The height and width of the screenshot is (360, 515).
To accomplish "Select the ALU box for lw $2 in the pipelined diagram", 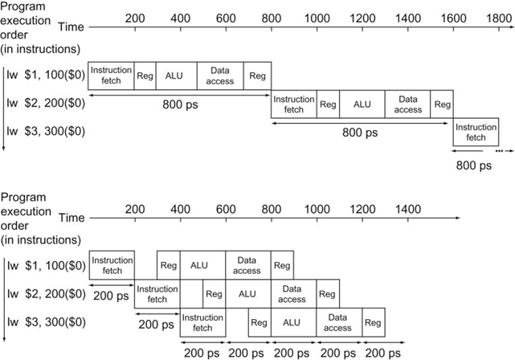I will pyautogui.click(x=247, y=295).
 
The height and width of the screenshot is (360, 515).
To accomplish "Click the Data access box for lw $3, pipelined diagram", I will pyautogui.click(x=338, y=324).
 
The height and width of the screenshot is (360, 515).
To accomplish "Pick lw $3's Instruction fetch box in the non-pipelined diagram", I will pyautogui.click(x=476, y=132).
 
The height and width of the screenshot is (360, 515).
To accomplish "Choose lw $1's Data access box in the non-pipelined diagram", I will pyautogui.click(x=219, y=76).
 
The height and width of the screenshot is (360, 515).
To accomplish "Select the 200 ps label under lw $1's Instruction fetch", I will pyautogui.click(x=110, y=296).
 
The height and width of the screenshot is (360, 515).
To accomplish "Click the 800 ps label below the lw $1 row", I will pyautogui.click(x=180, y=104).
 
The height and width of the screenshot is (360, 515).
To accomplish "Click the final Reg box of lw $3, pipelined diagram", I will pyautogui.click(x=373, y=324).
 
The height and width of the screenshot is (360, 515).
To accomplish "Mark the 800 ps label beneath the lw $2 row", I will pyautogui.click(x=361, y=133).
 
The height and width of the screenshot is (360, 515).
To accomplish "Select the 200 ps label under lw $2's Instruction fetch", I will pyautogui.click(x=157, y=325).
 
